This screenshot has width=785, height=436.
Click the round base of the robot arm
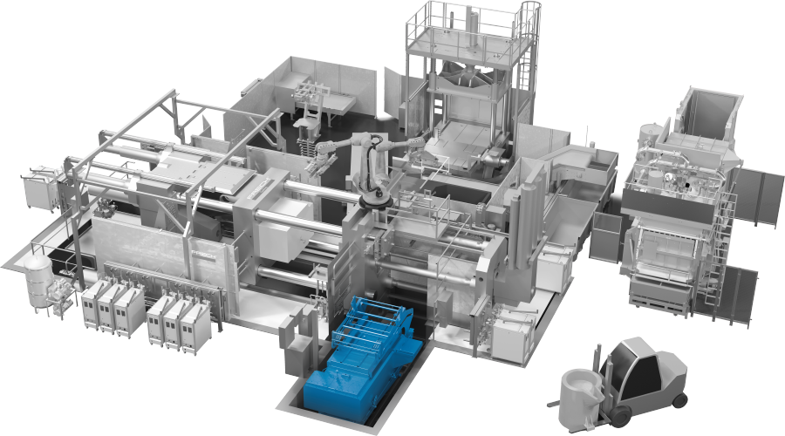point(372,202)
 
